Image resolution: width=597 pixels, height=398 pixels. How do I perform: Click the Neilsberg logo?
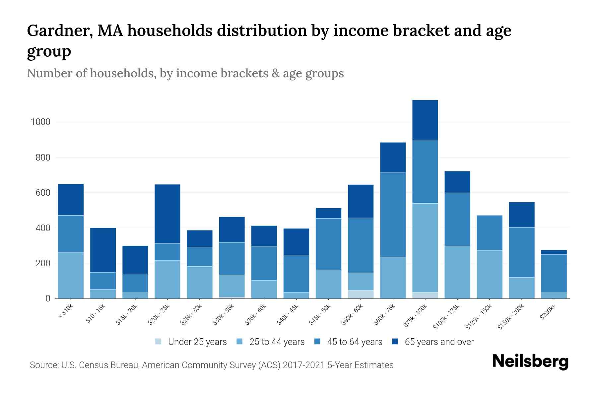tap(530, 362)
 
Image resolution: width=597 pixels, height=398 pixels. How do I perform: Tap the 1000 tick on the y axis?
tap(40, 122)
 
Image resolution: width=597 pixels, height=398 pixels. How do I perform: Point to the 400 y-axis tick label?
tap(40, 228)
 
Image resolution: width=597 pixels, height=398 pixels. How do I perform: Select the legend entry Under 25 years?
tap(191, 342)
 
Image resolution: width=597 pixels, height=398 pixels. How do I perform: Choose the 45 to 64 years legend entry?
tap(348, 342)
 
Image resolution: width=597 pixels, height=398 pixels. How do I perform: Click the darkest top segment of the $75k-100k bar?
tap(425, 120)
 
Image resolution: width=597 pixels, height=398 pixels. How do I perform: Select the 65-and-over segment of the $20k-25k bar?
tap(167, 214)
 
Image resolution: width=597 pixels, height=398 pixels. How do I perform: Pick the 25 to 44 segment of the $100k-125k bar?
tap(457, 272)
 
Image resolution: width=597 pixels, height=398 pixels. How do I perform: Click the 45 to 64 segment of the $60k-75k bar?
tap(393, 215)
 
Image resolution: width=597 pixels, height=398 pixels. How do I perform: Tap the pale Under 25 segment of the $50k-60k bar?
tap(361, 294)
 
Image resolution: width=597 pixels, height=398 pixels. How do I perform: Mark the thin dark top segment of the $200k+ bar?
tap(554, 252)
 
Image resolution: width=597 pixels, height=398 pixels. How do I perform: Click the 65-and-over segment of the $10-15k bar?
tap(103, 250)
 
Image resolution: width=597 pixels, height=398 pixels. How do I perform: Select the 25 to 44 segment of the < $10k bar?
tap(71, 275)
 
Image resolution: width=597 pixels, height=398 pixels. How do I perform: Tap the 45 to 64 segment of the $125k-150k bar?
tap(489, 233)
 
